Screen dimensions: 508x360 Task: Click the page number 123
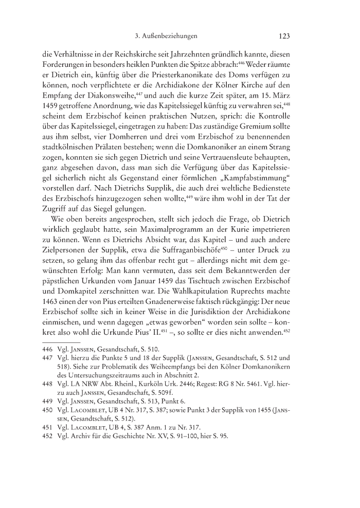284,37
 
